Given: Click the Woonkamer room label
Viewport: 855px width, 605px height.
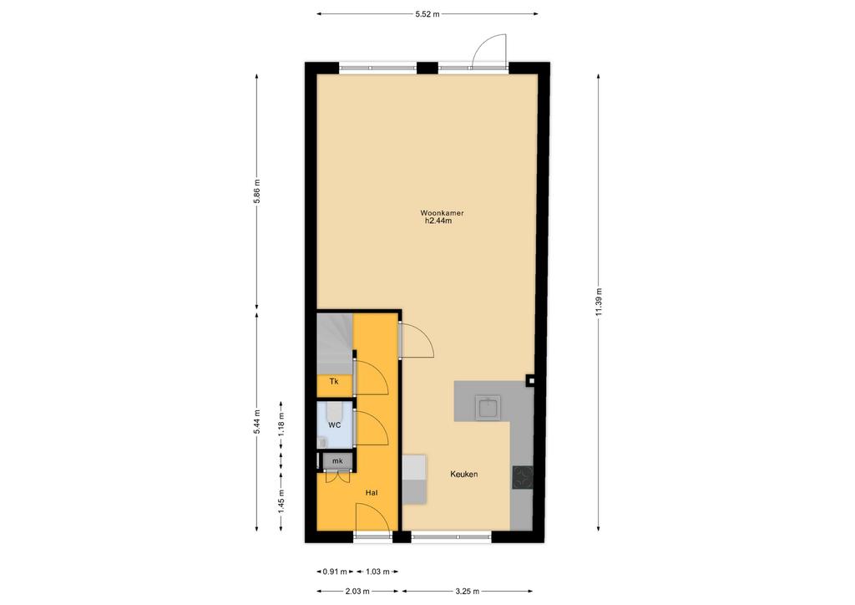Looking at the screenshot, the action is (x=442, y=213).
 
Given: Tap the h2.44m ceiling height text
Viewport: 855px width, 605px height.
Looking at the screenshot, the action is (x=438, y=221).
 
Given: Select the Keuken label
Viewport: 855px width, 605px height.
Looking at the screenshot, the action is (x=464, y=474).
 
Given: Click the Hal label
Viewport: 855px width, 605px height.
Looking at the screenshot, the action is (x=372, y=493).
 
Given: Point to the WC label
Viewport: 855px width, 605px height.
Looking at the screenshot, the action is (x=334, y=425).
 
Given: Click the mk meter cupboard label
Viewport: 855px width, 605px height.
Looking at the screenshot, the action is (x=337, y=461).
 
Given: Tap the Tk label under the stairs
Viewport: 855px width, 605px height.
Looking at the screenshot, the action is (x=334, y=381).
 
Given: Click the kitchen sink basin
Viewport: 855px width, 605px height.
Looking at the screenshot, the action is (x=488, y=408).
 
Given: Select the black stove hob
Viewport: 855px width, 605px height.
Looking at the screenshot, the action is (x=523, y=477).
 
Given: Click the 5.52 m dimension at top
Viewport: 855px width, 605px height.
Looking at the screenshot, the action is (x=427, y=14).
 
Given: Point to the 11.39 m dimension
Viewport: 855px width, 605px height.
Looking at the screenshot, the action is (x=599, y=301).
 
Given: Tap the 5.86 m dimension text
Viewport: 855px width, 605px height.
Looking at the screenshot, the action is (x=257, y=191).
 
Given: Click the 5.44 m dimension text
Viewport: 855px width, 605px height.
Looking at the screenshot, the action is (x=257, y=422).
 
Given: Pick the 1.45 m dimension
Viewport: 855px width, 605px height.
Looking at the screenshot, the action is (x=281, y=501).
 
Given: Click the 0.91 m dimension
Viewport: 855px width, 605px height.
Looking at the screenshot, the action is (x=335, y=572).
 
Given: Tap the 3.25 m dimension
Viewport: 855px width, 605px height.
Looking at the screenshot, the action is (x=468, y=591).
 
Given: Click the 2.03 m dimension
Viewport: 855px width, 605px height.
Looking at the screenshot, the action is (x=357, y=591).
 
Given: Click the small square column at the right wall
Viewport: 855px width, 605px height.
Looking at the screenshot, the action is (x=530, y=381).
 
